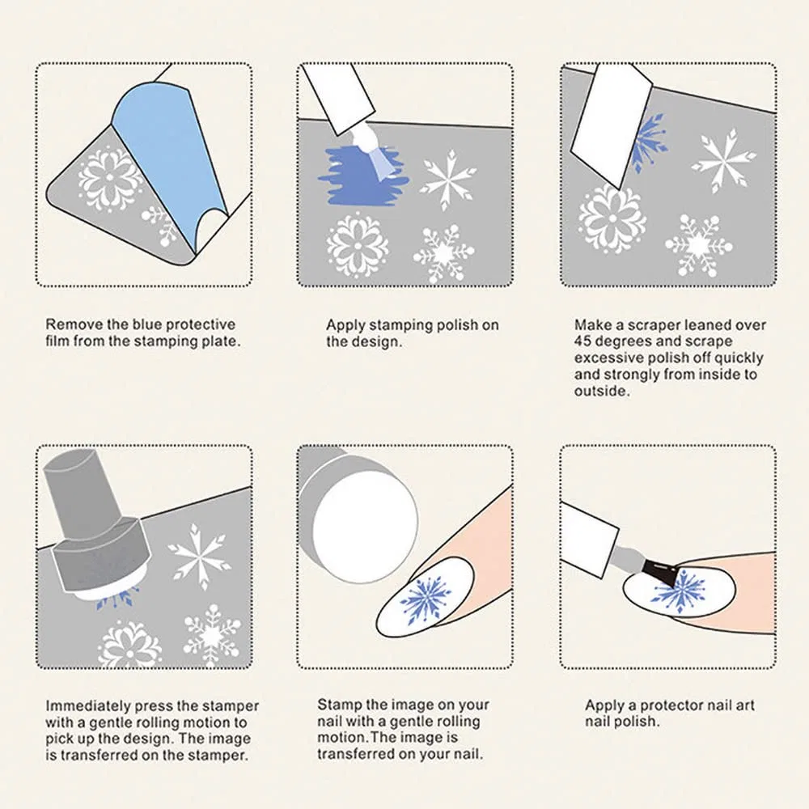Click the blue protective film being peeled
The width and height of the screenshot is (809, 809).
point(165,155)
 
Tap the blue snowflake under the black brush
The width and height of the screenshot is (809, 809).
point(679,592)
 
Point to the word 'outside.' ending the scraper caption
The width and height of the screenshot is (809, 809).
point(602,391)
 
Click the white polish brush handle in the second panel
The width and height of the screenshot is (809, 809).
point(338,98)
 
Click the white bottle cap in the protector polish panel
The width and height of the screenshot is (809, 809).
point(588,539)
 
